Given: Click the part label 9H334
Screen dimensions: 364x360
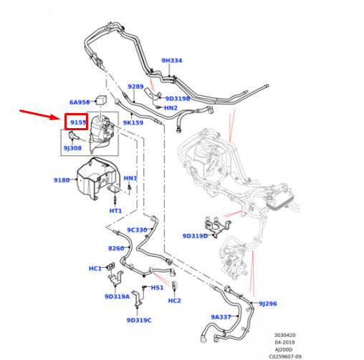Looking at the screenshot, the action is [172, 61].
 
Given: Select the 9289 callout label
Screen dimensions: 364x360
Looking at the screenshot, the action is [135, 87].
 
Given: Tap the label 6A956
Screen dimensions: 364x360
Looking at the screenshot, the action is [80, 102].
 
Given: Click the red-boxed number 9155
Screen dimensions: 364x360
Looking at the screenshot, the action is [78, 122].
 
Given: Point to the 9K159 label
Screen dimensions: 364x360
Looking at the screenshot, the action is [133, 122].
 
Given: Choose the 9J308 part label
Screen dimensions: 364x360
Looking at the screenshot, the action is [72, 148].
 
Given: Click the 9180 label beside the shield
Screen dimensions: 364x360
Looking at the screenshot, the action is [62, 180].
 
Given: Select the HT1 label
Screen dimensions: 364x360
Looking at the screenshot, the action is [115, 211].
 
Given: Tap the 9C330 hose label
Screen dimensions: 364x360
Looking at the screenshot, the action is [137, 230].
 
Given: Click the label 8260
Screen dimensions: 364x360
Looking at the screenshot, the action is [116, 248].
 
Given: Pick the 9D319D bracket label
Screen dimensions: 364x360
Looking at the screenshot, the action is [195, 236].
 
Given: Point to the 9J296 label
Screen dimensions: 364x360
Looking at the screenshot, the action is [268, 303].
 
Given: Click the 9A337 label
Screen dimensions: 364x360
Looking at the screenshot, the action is [221, 317].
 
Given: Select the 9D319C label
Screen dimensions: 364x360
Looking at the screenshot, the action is [139, 320].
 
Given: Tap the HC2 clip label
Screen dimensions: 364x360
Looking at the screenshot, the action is [175, 301].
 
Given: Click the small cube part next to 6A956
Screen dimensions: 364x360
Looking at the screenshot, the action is [101, 99].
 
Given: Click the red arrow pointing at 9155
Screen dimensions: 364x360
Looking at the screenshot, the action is [39, 115].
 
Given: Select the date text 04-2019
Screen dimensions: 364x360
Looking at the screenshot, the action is [284, 342].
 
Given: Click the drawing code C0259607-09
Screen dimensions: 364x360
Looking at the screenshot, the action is [285, 356].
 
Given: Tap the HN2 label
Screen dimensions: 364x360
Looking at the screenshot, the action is [171, 108].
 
